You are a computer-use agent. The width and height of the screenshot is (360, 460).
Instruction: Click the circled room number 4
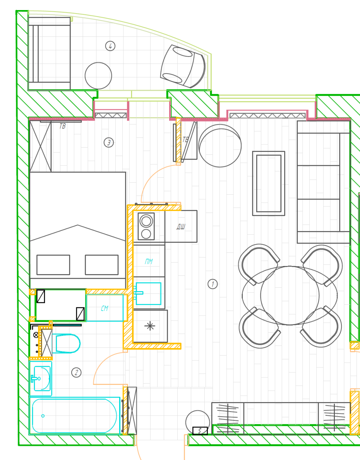click(x=110, y=46)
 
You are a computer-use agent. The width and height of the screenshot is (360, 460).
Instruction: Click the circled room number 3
click(x=109, y=142)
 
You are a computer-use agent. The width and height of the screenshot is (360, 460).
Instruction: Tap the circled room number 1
click(x=213, y=284)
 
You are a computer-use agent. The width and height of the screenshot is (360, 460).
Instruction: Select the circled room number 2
click(x=76, y=372)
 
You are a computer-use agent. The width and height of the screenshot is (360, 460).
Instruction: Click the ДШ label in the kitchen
click(x=181, y=227)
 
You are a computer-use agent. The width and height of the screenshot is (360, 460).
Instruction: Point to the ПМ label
click(x=149, y=261)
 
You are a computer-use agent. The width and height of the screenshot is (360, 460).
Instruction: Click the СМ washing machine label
click(x=105, y=308)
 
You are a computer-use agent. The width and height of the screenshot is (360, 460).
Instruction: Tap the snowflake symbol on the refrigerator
click(x=150, y=326)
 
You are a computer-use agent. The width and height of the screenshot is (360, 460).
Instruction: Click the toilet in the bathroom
click(x=66, y=343)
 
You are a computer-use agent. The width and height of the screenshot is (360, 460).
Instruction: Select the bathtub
click(x=74, y=415)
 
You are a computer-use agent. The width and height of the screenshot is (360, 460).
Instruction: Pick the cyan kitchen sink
click(x=148, y=294)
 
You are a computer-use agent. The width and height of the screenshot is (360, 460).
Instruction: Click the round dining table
click(x=290, y=295)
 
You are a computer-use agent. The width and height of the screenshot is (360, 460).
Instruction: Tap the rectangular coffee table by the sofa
click(x=269, y=184)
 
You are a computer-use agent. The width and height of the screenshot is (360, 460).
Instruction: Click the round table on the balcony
click(x=98, y=76)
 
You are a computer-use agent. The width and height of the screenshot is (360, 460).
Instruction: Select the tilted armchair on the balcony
click(x=183, y=66)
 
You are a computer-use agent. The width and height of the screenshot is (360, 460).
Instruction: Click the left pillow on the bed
click(x=53, y=265)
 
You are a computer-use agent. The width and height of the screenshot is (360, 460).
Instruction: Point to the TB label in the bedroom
click(x=62, y=126)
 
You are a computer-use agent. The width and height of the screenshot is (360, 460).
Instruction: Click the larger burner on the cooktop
click(x=146, y=221)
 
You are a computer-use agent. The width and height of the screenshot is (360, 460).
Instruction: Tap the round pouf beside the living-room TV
click(x=220, y=146)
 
